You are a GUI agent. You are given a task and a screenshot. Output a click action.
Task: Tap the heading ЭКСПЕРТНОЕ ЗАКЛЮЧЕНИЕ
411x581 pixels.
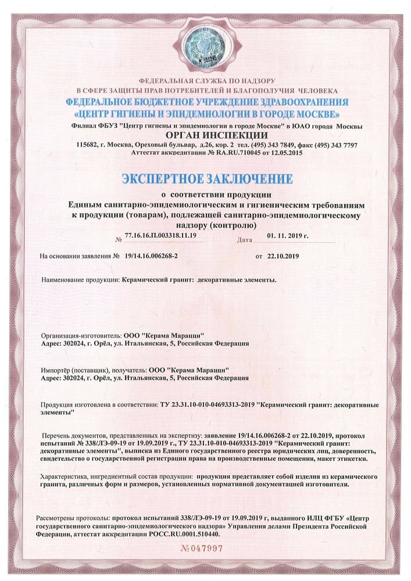(x=205, y=177)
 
